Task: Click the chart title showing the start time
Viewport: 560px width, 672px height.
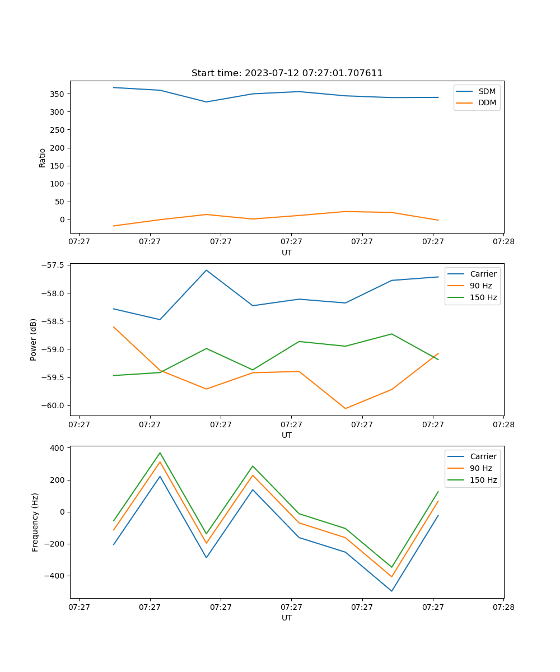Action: pyautogui.click(x=287, y=73)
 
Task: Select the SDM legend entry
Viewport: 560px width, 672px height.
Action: pyautogui.click(x=487, y=91)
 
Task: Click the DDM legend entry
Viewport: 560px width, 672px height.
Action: pyautogui.click(x=487, y=102)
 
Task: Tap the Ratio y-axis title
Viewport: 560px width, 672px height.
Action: pyautogui.click(x=43, y=158)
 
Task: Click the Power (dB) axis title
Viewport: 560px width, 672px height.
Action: pyautogui.click(x=34, y=339)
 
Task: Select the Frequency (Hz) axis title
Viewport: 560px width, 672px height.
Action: pyautogui.click(x=35, y=522)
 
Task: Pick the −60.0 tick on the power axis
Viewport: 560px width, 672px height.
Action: pyautogui.click(x=53, y=405)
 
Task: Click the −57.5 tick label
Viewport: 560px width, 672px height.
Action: pyautogui.click(x=53, y=265)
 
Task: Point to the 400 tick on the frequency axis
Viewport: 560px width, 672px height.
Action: pyautogui.click(x=58, y=448)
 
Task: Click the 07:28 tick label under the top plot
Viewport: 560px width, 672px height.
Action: pyautogui.click(x=503, y=242)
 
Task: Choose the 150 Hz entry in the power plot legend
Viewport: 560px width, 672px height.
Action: pyautogui.click(x=483, y=297)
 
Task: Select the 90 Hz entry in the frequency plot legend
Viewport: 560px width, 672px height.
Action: pyautogui.click(x=481, y=468)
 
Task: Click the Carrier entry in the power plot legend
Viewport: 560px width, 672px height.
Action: pyautogui.click(x=483, y=274)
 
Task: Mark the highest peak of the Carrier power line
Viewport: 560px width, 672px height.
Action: pyautogui.click(x=206, y=270)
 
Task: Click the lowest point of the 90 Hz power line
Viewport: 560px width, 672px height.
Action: pyautogui.click(x=345, y=408)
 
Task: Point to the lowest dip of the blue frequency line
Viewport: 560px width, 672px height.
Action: pyautogui.click(x=391, y=591)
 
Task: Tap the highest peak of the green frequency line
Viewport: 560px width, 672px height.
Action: pyautogui.click(x=160, y=452)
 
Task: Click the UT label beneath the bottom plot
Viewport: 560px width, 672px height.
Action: pyautogui.click(x=287, y=618)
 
